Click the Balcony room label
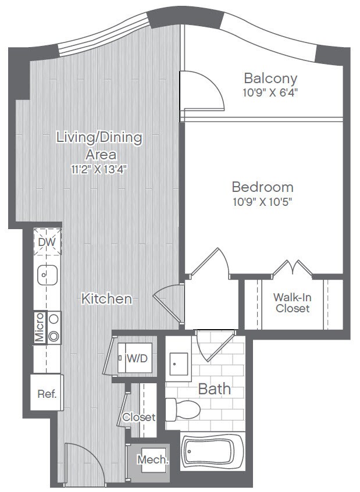coord(270,78)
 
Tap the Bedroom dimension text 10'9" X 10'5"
coord(262,202)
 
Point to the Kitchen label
coord(106,299)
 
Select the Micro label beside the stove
coord(39,327)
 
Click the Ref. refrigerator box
coord(47,394)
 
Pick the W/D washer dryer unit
coord(136,358)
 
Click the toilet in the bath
coord(182,409)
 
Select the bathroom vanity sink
coord(178,365)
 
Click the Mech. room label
coord(152,459)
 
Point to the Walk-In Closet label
coord(292,303)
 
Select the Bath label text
coord(215,388)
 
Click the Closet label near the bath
coord(138,417)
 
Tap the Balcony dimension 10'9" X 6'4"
coord(270,92)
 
